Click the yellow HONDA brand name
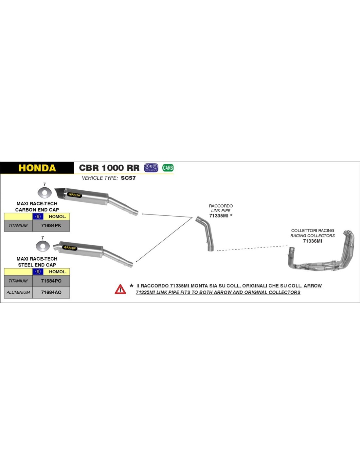point(37,168)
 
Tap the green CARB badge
point(168,168)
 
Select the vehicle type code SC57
point(128,178)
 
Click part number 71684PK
point(51,226)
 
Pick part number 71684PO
point(51,281)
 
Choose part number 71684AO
point(51,292)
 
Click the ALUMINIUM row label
point(18,292)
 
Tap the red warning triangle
point(120,289)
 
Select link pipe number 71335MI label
point(219,216)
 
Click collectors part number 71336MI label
point(313,241)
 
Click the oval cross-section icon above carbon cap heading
point(45,193)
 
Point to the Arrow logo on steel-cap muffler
point(70,248)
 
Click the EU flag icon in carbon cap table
point(38,216)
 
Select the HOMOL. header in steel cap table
point(58,272)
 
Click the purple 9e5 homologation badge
point(151,168)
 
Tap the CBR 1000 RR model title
point(109,168)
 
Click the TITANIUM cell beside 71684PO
point(18,281)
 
